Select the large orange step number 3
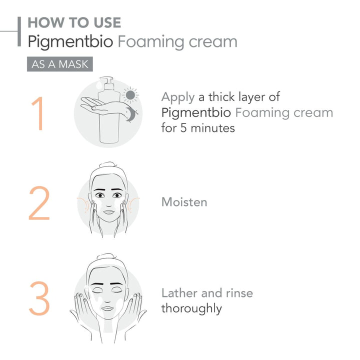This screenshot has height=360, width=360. (39, 298)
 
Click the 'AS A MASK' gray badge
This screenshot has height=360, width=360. (59, 64)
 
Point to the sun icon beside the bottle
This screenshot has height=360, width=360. (130, 94)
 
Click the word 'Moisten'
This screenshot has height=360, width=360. (184, 202)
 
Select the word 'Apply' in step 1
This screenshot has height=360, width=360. (177, 97)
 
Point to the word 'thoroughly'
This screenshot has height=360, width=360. (191, 308)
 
